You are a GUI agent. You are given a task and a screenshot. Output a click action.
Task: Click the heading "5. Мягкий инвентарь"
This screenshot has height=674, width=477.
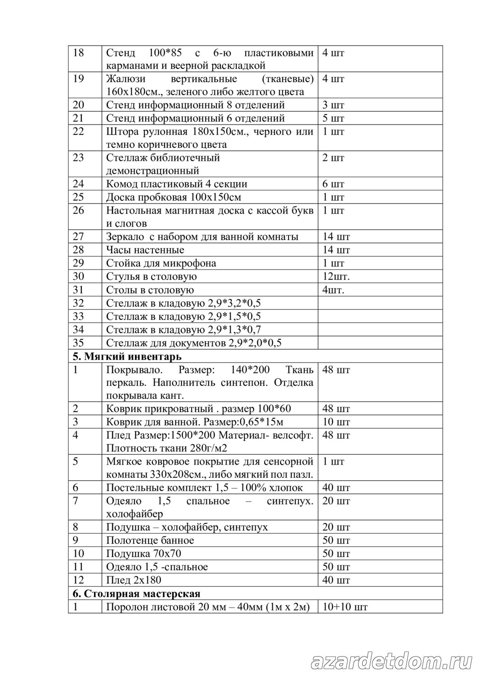(127, 357)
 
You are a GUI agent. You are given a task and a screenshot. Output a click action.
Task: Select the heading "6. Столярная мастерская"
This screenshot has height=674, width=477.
(137, 593)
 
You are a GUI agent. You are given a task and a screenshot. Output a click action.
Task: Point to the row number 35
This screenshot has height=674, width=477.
(78, 343)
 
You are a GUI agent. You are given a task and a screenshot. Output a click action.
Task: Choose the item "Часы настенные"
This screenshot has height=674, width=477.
(145, 250)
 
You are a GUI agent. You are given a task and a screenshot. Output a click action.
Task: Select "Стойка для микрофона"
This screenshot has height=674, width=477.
(161, 263)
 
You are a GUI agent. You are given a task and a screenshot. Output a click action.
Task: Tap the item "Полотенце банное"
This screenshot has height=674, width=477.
(150, 540)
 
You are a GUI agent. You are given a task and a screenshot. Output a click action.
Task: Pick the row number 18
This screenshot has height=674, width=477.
(78, 53)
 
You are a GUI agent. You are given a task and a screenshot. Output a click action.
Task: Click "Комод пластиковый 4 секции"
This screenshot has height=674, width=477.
(177, 184)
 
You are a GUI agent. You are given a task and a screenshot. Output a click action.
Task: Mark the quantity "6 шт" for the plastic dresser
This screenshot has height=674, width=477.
(333, 184)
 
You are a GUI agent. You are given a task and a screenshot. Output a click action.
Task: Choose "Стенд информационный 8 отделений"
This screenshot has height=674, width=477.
(196, 105)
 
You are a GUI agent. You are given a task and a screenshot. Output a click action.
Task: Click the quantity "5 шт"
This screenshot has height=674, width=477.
(333, 118)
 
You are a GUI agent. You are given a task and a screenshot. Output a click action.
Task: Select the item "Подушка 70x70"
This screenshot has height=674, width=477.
(144, 554)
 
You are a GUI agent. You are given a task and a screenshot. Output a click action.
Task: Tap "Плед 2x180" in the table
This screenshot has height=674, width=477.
(134, 580)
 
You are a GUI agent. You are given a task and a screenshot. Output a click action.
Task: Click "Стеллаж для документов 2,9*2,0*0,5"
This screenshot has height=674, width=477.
(194, 343)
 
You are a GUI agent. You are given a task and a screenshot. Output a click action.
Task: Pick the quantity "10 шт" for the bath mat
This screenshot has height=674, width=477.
(336, 421)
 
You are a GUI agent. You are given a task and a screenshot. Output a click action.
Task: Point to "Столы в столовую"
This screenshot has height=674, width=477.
(150, 290)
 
